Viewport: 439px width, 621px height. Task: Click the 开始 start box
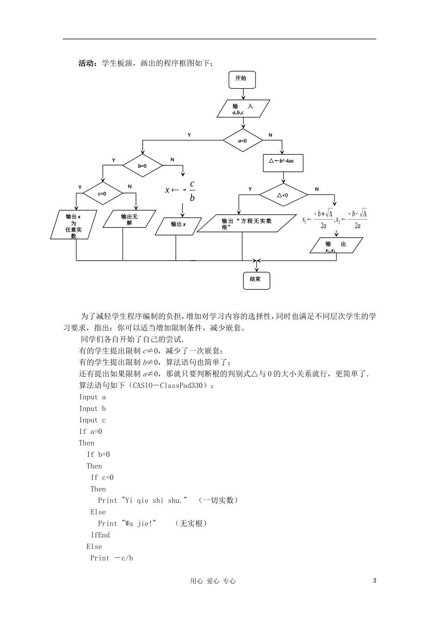[x=241, y=79]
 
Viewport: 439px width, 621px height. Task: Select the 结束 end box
[x=256, y=280]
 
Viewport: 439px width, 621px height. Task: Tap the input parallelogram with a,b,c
[x=243, y=109]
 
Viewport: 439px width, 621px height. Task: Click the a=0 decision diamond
[x=243, y=141]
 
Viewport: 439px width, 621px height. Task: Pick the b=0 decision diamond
[x=142, y=166]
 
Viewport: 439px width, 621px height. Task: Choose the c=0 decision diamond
[x=103, y=194]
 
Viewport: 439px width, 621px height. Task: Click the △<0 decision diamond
[x=283, y=195]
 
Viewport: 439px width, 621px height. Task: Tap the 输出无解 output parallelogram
[x=129, y=219]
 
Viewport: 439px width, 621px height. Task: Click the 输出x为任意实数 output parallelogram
[x=73, y=225]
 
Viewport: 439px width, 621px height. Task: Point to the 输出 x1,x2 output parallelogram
[x=335, y=246]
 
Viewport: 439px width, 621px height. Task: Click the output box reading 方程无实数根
[x=247, y=224]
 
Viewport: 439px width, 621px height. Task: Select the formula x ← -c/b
[x=181, y=190]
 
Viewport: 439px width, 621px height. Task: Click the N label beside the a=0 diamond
[x=271, y=135]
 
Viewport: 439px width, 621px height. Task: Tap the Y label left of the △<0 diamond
[x=250, y=189]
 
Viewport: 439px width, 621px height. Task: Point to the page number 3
[x=375, y=580]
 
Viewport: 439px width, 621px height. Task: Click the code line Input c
[x=92, y=420]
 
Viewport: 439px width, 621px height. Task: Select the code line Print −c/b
[x=111, y=558]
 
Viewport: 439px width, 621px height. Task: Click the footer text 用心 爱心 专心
[x=213, y=581]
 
